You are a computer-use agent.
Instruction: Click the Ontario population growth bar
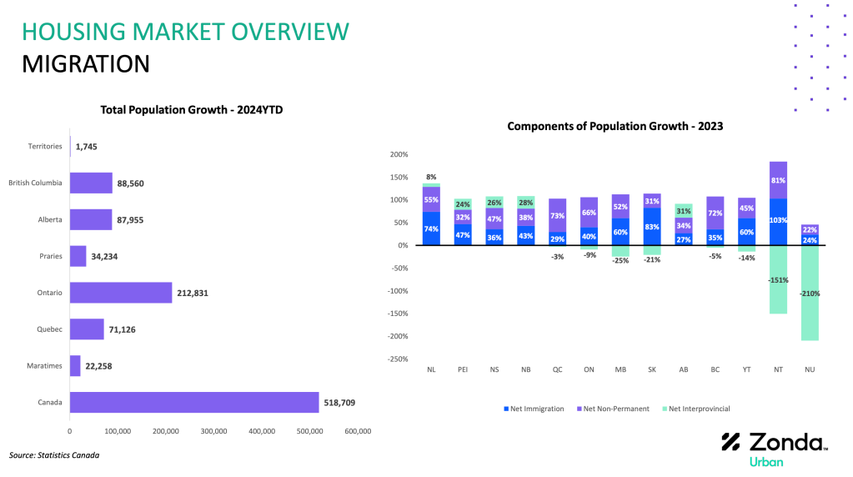121,293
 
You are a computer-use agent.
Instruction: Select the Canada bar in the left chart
194,403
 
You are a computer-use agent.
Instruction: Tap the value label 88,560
131,183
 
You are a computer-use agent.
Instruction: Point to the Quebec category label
49,329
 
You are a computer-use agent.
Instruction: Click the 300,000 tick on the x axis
213,431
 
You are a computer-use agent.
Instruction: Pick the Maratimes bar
75,366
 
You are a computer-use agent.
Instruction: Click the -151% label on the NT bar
778,280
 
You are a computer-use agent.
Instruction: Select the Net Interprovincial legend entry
696,409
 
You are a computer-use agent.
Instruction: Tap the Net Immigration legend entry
534,409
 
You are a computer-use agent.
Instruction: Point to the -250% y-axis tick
398,359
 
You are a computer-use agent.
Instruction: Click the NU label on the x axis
810,369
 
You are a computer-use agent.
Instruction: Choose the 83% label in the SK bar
652,227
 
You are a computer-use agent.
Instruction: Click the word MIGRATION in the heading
85,64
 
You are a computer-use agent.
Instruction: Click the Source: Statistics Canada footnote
54,455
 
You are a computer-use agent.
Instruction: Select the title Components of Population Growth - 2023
615,126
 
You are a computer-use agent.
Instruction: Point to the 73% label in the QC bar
557,216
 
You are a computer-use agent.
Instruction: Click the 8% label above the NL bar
431,177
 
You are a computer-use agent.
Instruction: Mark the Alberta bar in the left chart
91,219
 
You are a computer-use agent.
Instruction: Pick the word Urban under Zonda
766,462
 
